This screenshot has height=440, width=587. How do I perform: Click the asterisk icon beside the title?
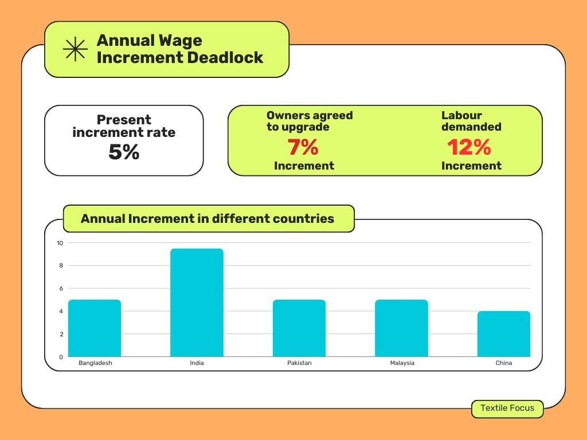tap(75, 49)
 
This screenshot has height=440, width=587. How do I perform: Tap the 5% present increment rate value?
tap(124, 152)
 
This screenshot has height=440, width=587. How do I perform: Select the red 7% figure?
tap(303, 148)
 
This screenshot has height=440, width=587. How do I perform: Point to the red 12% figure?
tap(469, 148)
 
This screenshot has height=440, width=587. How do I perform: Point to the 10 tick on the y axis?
tap(60, 243)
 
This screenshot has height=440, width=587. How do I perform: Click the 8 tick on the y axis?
tap(60, 265)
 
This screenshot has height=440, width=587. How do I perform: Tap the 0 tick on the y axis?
tap(60, 357)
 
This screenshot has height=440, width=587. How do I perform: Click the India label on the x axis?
tap(197, 363)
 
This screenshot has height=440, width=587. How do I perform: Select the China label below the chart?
tap(504, 363)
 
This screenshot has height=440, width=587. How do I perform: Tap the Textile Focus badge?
tap(507, 408)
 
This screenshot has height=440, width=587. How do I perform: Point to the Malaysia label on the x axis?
tap(402, 363)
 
